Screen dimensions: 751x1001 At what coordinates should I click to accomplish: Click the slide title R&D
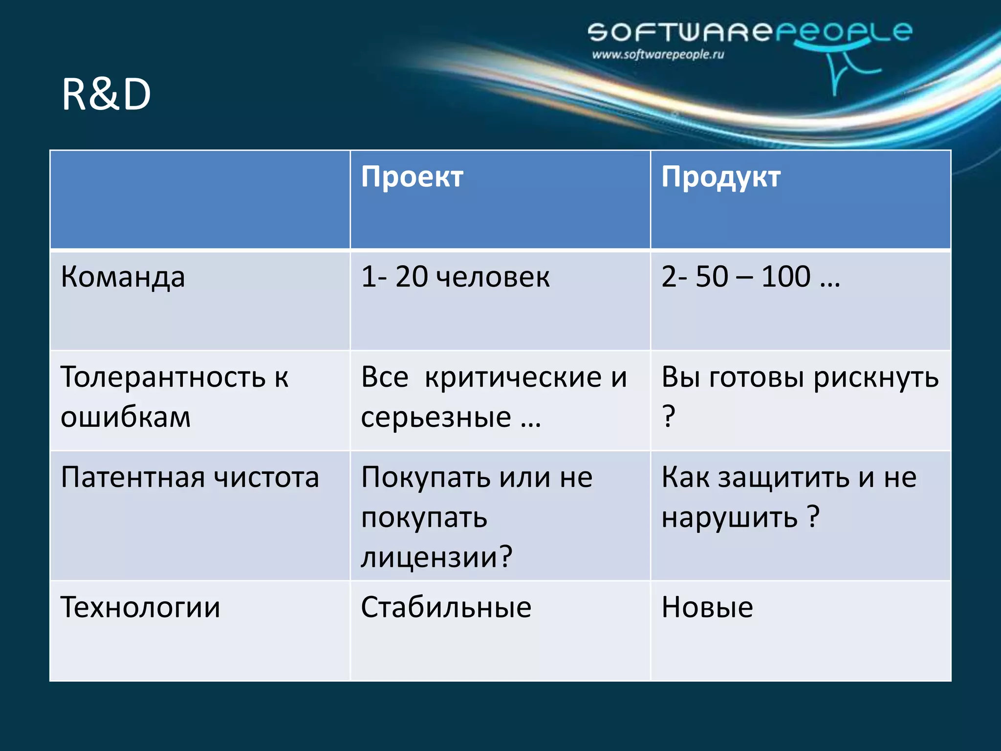(106, 95)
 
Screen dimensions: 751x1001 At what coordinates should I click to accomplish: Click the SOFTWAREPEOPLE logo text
(749, 32)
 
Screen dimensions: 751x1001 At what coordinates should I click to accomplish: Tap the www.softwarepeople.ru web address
(658, 55)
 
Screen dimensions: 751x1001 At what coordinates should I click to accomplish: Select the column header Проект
(412, 177)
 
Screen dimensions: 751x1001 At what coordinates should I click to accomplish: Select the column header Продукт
(721, 177)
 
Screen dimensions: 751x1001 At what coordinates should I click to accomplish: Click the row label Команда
(123, 277)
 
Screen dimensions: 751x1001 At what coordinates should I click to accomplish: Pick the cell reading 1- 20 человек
(455, 277)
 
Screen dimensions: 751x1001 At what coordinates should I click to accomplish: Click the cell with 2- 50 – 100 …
(750, 277)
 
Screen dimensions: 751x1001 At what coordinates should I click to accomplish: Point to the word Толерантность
(163, 377)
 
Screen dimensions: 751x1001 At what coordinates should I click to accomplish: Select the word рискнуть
(876, 378)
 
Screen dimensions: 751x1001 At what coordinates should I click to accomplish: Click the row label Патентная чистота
(190, 477)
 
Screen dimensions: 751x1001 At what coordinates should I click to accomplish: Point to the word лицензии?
(436, 557)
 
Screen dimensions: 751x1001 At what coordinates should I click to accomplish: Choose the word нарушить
(730, 517)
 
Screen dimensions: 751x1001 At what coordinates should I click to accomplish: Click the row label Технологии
(140, 608)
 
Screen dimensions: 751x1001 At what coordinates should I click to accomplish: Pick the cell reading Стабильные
(446, 608)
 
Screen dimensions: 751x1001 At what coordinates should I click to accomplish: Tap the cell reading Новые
(707, 608)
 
